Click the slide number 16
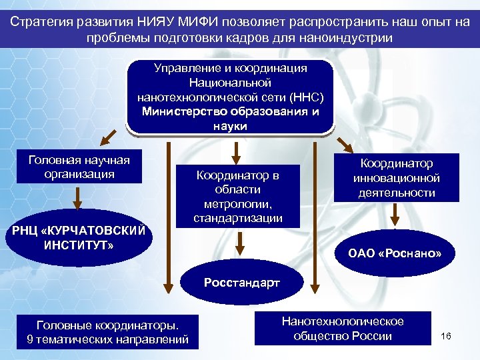click(446, 335)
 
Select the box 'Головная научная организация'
click(79, 167)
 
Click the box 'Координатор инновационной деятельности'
click(397, 178)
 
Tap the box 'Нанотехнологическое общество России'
click(343, 328)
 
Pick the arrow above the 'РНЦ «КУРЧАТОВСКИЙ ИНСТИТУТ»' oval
click(77, 198)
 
